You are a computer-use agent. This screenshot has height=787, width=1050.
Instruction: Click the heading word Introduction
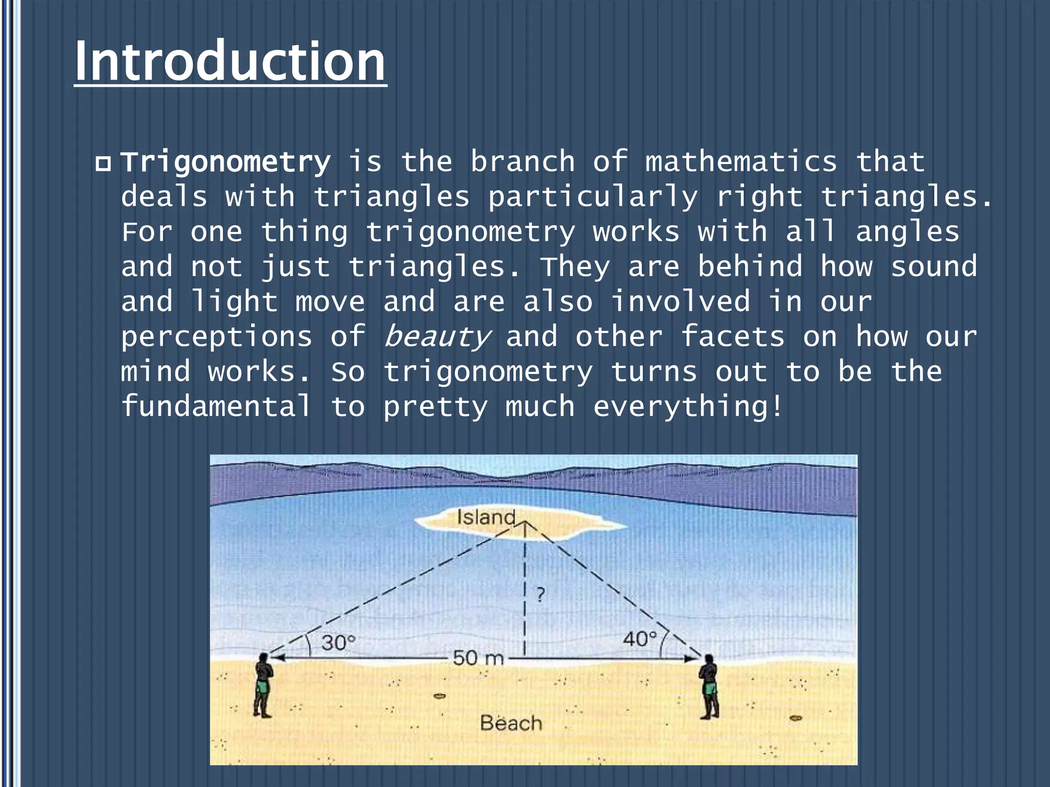click(230, 61)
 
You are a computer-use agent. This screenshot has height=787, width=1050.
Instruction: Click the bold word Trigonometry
click(226, 162)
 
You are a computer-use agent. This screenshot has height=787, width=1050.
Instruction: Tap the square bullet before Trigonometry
click(103, 164)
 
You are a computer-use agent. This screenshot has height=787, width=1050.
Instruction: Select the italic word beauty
click(437, 337)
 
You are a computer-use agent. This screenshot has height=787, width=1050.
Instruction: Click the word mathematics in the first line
click(741, 162)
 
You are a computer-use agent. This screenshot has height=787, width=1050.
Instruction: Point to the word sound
click(934, 267)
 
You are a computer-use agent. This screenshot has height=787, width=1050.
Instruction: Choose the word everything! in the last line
click(688, 407)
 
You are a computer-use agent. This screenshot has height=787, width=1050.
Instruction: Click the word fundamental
click(216, 406)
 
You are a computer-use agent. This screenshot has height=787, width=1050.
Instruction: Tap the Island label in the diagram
click(486, 517)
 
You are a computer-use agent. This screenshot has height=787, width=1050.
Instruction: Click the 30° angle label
click(338, 642)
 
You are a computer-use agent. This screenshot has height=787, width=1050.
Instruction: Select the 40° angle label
click(639, 639)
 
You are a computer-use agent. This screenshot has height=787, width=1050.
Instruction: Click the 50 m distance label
click(478, 658)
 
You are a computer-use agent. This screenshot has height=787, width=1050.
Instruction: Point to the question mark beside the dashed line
click(540, 595)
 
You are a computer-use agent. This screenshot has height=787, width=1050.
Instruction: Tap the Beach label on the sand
click(511, 723)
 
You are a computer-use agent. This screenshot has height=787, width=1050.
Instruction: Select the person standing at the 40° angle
click(709, 686)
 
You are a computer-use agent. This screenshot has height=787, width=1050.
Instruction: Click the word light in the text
click(234, 302)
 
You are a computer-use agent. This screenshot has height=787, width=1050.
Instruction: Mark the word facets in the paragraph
click(732, 337)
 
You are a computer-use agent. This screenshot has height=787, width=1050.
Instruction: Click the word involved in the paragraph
click(680, 302)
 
